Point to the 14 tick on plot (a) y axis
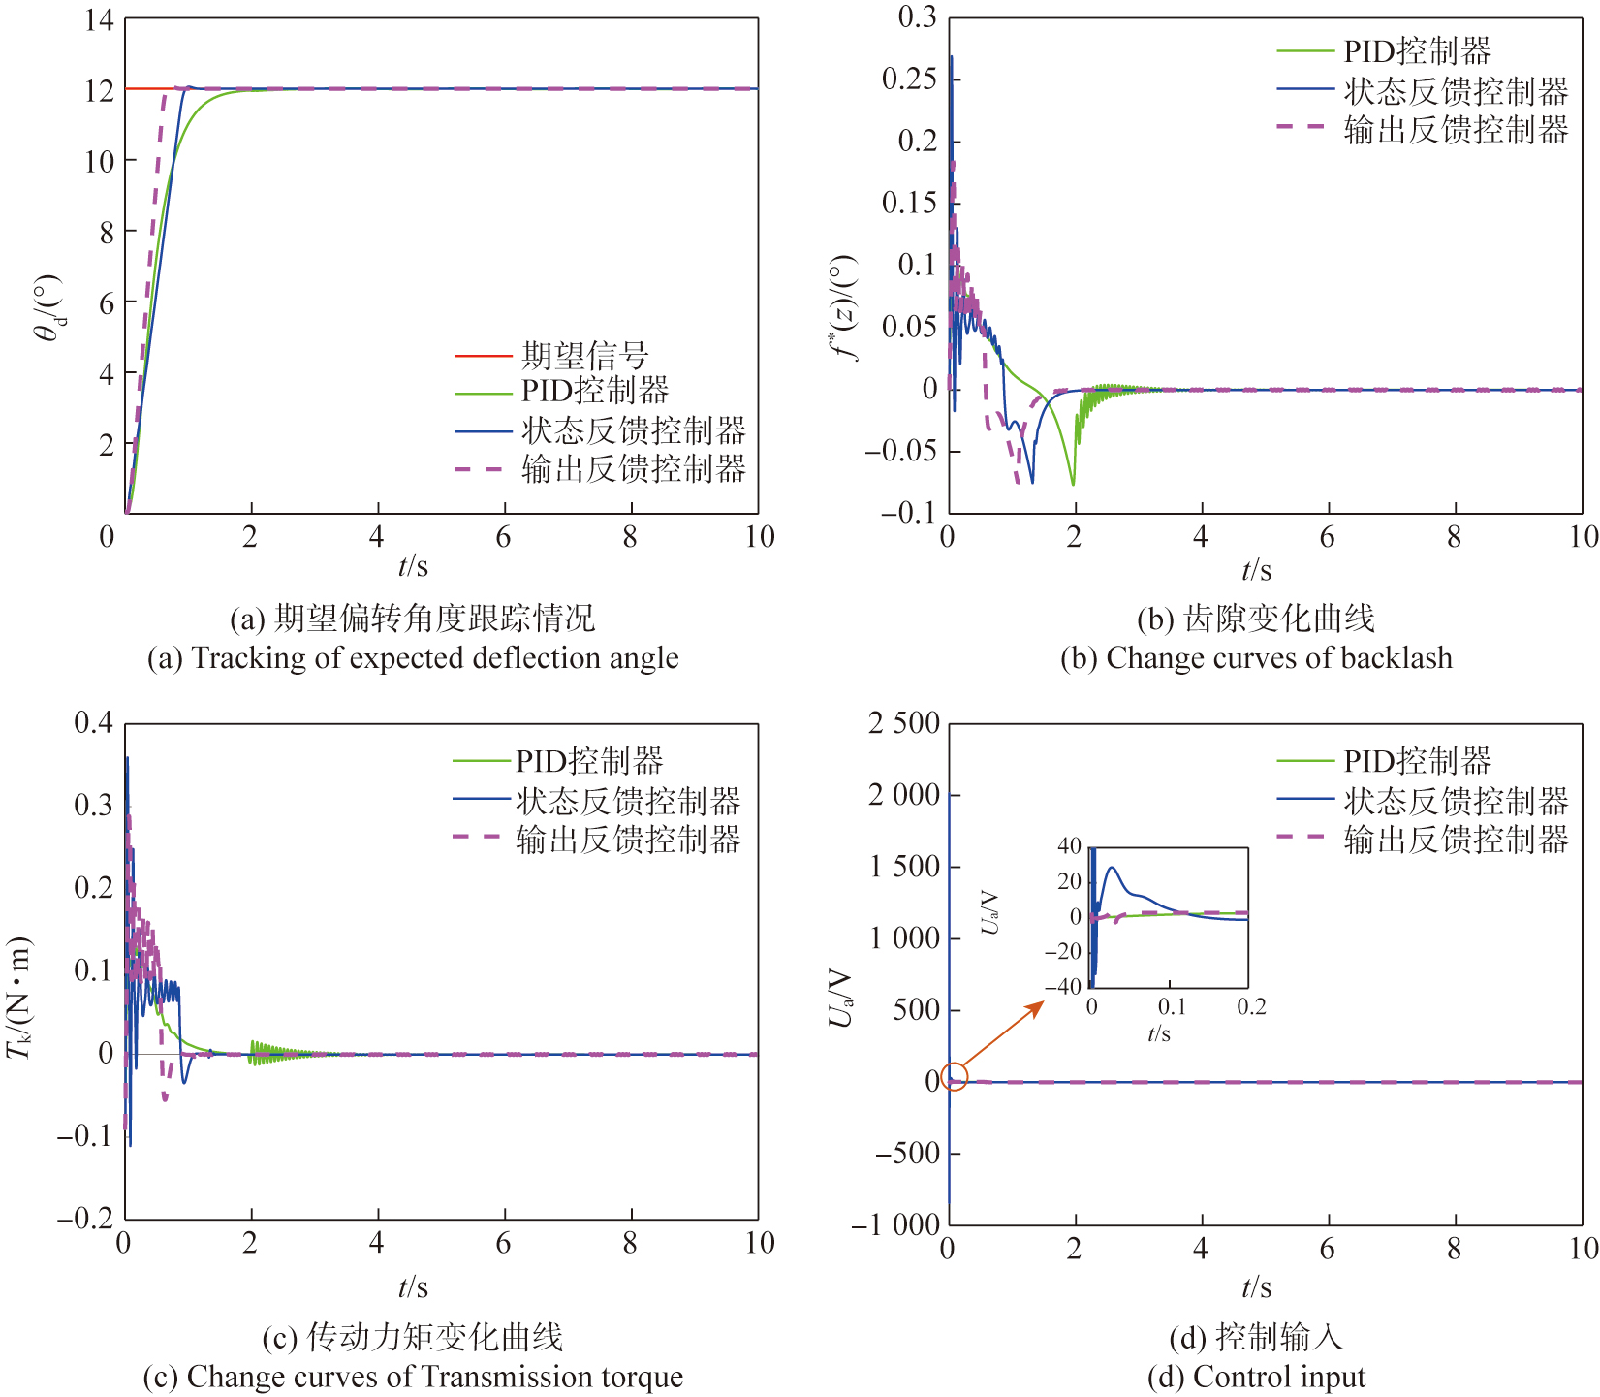(x=99, y=20)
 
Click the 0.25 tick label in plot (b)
(x=909, y=79)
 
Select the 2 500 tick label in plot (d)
(x=903, y=723)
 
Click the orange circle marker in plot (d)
(x=955, y=1078)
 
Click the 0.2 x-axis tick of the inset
(x=1251, y=1007)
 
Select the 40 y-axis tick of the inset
(x=1069, y=846)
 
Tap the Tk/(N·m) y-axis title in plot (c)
(x=19, y=999)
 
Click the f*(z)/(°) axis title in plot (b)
(x=844, y=308)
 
